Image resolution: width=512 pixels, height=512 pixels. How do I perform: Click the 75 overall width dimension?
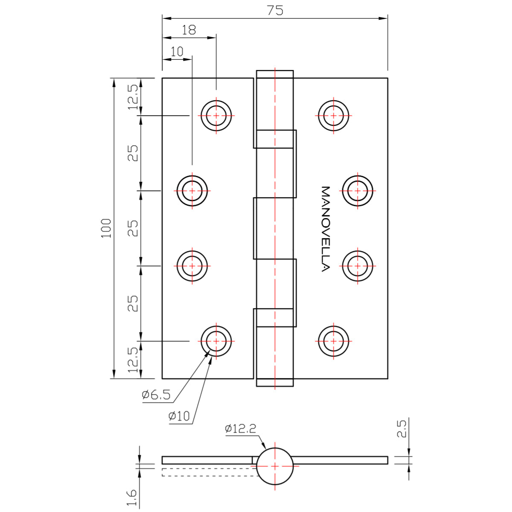(275, 10)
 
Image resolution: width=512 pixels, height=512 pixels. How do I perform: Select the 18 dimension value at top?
(189, 30)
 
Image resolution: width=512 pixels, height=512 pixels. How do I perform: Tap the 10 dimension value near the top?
(177, 52)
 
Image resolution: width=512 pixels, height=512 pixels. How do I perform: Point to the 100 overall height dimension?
(106, 228)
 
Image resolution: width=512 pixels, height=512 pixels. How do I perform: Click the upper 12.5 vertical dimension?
(133, 97)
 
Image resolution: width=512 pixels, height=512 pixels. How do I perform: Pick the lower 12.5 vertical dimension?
(133, 360)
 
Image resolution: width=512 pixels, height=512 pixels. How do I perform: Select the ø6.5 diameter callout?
(156, 395)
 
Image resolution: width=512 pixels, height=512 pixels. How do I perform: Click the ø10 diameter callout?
(179, 416)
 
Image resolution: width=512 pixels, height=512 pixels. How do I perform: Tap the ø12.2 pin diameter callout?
(241, 428)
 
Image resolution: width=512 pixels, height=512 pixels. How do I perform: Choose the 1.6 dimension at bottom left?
(132, 498)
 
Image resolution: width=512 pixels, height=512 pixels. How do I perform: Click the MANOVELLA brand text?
(325, 229)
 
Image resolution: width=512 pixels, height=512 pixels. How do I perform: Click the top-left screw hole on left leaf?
(216, 116)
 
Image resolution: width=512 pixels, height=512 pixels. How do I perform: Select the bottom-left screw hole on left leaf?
(216, 341)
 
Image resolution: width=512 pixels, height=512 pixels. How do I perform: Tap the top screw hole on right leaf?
(334, 116)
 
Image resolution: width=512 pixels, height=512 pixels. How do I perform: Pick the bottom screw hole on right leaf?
(334, 341)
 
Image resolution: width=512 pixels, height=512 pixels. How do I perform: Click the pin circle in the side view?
(275, 466)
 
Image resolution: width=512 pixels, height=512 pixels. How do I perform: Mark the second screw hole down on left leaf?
(192, 191)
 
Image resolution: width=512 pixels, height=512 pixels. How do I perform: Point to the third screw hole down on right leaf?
(358, 266)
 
